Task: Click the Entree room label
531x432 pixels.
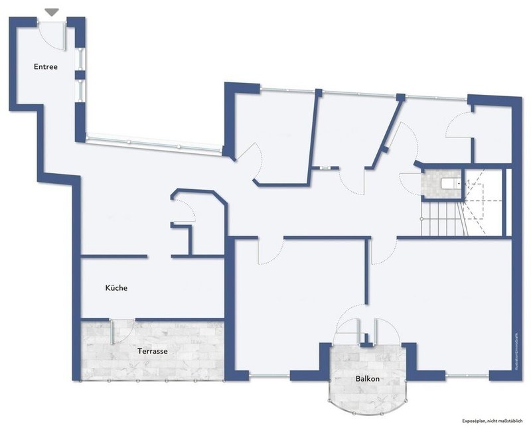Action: click(46, 66)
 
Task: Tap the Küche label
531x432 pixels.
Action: click(115, 288)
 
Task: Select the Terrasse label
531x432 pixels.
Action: click(152, 351)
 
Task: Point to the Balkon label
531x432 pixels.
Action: click(366, 379)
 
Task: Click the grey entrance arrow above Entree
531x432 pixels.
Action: click(51, 12)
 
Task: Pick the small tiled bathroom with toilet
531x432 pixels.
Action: click(440, 183)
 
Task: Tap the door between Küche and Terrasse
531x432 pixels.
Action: click(121, 330)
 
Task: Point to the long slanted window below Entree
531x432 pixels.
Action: click(154, 143)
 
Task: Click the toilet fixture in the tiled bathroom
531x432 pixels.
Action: click(450, 182)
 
